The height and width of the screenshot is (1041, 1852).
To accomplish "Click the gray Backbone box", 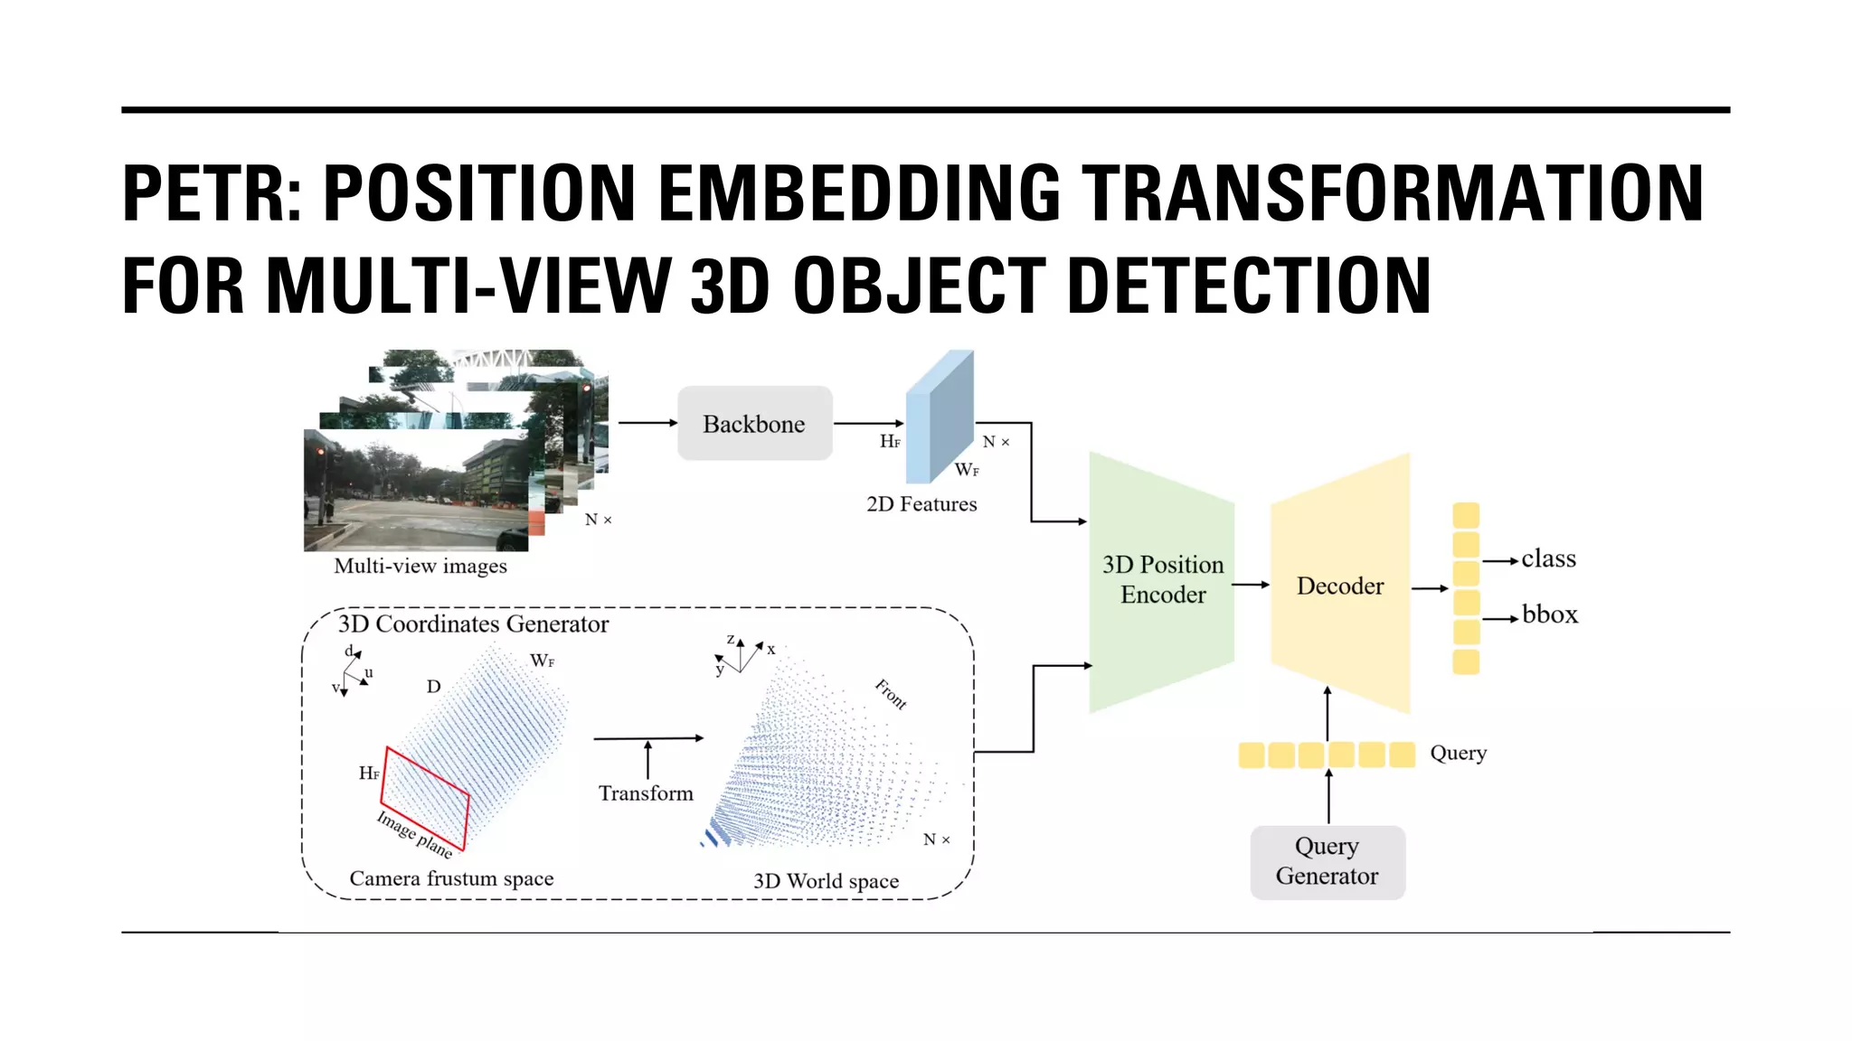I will pyautogui.click(x=754, y=424).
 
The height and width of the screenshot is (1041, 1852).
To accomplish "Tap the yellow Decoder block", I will pyautogui.click(x=1339, y=586).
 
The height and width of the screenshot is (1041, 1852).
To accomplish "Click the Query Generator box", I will pyautogui.click(x=1327, y=861).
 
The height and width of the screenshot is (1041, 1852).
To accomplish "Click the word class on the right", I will pyautogui.click(x=1548, y=559).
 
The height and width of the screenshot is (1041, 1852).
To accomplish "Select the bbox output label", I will pyautogui.click(x=1549, y=615).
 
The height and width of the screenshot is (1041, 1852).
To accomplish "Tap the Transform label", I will pyautogui.click(x=646, y=793).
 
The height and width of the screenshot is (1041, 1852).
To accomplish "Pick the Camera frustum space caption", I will pyautogui.click(x=451, y=878).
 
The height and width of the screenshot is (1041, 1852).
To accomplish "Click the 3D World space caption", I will pyautogui.click(x=826, y=881).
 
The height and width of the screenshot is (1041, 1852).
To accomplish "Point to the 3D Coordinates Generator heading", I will pyautogui.click(x=473, y=624).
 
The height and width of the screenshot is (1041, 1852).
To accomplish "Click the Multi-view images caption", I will pyautogui.click(x=420, y=567).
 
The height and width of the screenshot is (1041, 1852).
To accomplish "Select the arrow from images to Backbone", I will pyautogui.click(x=647, y=423).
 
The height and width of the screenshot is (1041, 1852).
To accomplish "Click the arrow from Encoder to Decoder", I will pyautogui.click(x=1251, y=586).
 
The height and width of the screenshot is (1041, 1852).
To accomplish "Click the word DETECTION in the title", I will pyautogui.click(x=1249, y=286).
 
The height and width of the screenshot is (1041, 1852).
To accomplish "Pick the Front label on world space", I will pyautogui.click(x=891, y=694).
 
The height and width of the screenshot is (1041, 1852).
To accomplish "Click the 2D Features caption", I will pyautogui.click(x=921, y=504).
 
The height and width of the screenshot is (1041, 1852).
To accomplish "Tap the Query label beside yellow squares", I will pyautogui.click(x=1458, y=754).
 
